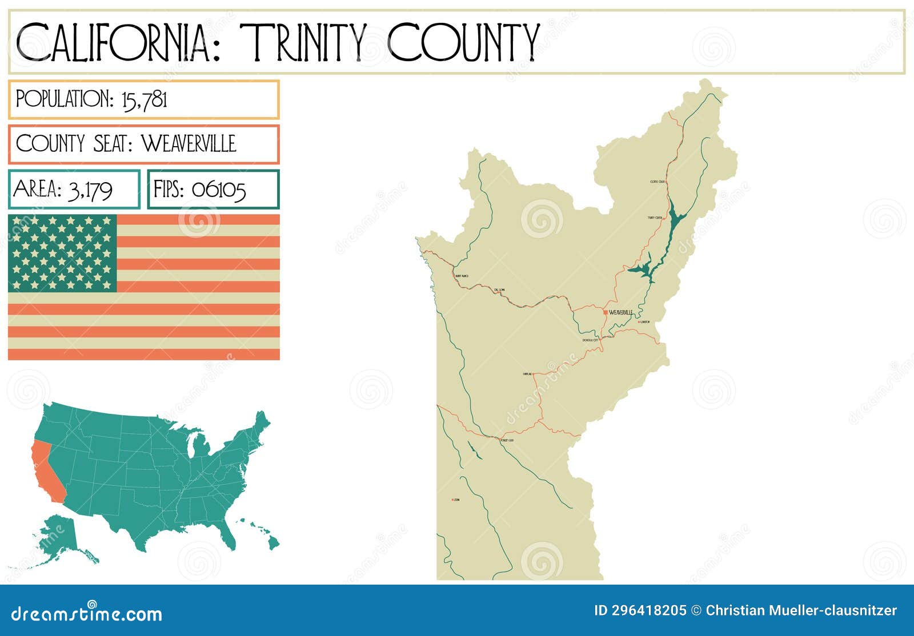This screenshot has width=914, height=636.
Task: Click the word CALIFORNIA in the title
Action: point(114,43)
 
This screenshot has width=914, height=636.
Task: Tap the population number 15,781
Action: point(145,100)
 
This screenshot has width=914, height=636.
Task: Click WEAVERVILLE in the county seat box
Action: point(189,144)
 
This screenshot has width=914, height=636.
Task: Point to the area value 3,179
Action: point(90,190)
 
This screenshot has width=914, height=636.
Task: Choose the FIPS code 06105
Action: point(219,190)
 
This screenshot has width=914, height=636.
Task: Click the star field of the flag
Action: point(62,253)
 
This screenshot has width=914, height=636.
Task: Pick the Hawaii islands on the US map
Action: point(263,534)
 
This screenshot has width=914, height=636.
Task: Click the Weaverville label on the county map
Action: point(621,312)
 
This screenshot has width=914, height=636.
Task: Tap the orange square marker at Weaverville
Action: point(606,312)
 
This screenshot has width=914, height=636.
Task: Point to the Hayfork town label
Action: point(527,374)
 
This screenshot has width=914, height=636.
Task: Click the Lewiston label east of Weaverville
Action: point(645,322)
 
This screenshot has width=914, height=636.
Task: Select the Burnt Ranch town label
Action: point(462,276)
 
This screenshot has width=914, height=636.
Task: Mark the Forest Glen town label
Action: point(507,441)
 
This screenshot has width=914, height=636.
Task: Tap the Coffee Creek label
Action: point(658,182)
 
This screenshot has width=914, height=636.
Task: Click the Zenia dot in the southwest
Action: point(452,500)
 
